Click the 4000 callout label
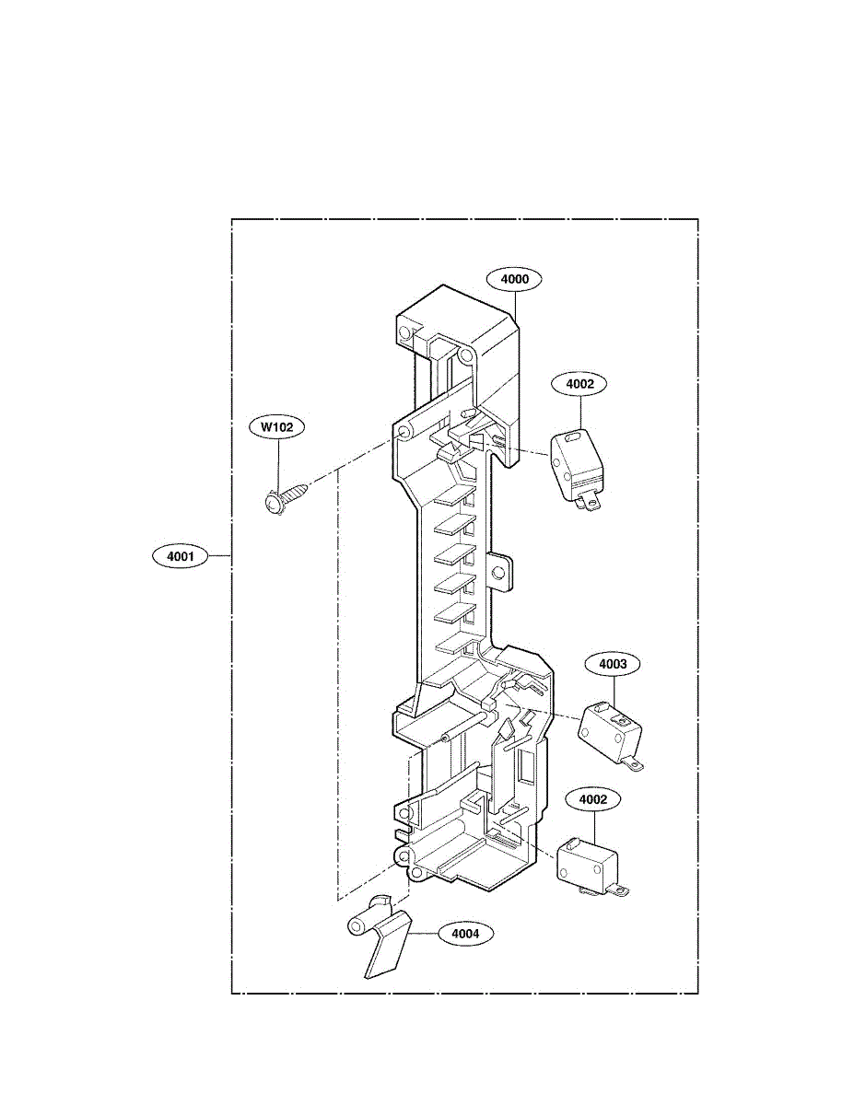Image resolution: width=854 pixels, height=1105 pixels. tap(515, 278)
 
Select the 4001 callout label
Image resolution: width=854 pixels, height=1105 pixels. tap(180, 556)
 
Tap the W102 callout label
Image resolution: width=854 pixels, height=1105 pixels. tap(276, 426)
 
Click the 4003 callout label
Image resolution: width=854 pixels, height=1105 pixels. tap(614, 663)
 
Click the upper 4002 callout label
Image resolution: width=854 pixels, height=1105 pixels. tap(579, 385)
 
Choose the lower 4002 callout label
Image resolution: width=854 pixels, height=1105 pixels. tap(593, 799)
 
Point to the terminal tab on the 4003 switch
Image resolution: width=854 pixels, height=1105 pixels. tap(633, 761)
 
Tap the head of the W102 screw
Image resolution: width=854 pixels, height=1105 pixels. tap(274, 503)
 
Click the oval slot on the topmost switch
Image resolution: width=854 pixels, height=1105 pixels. tap(575, 438)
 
